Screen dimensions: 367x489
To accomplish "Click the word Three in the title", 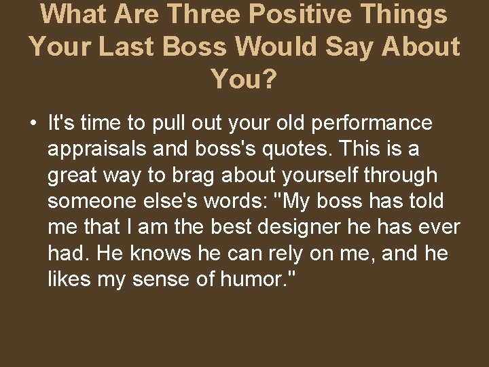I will [x=202, y=14].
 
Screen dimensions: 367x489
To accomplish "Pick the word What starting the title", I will [x=75, y=14].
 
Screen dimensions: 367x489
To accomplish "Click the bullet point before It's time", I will [x=33, y=124].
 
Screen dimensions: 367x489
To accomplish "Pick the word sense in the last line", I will [x=179, y=279].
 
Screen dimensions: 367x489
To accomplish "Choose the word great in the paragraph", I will [x=73, y=175].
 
